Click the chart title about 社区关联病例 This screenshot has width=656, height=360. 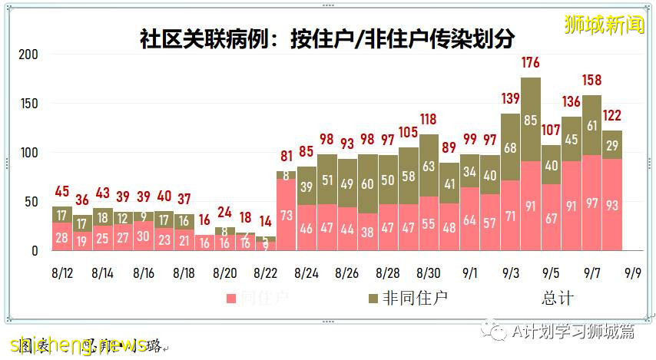point(327,38)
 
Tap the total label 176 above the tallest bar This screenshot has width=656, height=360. point(530,62)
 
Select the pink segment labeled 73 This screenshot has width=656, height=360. point(287,215)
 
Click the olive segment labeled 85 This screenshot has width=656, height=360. point(530,120)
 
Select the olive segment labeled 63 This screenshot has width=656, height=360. point(429,166)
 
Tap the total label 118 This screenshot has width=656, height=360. point(429,119)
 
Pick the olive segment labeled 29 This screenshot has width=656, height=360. point(611,145)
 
